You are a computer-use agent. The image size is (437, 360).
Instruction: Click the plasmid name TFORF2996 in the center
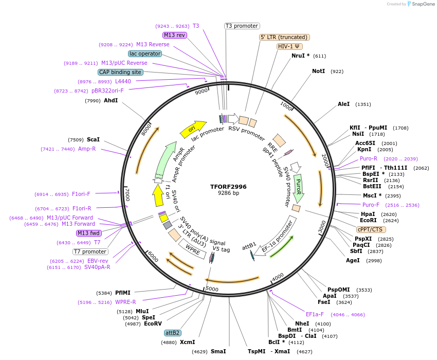click(228, 187)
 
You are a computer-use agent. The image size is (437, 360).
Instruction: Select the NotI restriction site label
click(318, 71)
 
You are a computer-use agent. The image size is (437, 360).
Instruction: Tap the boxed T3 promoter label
click(242, 26)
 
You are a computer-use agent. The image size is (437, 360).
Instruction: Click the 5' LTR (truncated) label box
click(284, 37)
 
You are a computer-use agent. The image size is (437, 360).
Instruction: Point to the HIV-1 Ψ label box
click(288, 46)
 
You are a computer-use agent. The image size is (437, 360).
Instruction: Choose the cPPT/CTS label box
click(370, 229)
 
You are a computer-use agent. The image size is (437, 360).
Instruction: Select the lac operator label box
click(145, 53)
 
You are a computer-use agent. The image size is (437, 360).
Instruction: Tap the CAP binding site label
click(120, 73)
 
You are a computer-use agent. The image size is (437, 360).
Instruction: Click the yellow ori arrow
click(192, 129)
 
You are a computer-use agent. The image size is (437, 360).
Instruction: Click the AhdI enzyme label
click(111, 101)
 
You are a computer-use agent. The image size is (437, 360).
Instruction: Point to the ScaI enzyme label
click(93, 139)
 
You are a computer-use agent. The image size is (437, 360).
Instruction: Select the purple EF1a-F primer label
click(315, 314)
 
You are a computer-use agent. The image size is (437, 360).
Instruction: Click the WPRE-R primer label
click(125, 302)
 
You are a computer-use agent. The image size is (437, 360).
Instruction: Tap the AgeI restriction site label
click(353, 260)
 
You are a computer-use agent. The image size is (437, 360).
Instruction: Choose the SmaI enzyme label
click(218, 351)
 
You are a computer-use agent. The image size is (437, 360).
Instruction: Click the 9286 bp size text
click(228, 193)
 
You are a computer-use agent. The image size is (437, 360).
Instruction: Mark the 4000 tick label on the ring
click(278, 278)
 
